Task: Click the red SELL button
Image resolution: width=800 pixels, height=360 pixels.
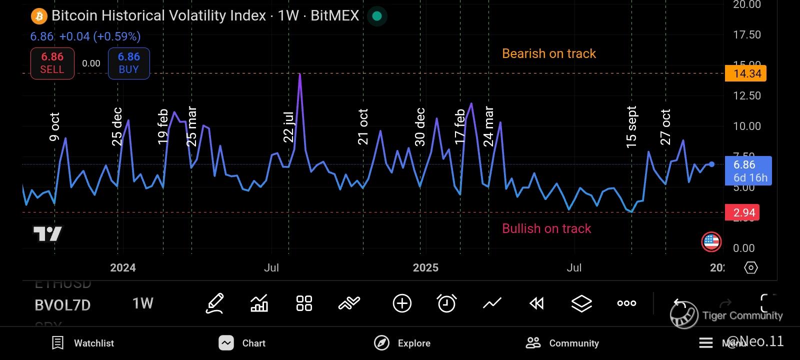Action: coord(52,63)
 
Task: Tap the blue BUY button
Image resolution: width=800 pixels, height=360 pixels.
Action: coord(128,63)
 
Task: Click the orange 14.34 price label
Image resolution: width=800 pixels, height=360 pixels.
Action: coord(747,74)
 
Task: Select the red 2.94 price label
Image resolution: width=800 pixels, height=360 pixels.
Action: coord(744,213)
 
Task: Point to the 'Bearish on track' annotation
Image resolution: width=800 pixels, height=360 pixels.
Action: coord(548,53)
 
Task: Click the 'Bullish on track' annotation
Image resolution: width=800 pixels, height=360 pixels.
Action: coord(546,228)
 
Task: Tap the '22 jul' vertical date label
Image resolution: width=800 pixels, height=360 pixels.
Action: coord(288,127)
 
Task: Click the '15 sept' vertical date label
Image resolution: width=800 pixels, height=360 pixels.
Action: coord(631,127)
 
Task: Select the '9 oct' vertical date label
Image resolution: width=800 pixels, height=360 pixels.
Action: coord(54,127)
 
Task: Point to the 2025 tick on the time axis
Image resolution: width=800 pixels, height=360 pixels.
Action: coord(425,268)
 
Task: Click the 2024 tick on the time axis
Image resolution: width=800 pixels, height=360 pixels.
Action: coord(123,268)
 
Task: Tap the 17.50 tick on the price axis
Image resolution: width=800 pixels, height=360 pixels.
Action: coord(746,34)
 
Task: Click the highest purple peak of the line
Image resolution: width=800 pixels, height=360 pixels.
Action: coord(299,74)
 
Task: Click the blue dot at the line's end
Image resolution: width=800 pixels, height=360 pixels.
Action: coord(711,164)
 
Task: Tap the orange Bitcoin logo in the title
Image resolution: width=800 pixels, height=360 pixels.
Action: coord(38,16)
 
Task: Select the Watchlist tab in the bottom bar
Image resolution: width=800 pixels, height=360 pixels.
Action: coord(83,343)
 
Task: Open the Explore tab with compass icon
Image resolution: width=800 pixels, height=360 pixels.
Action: coord(402,343)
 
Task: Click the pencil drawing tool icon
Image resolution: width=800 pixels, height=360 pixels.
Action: coord(214,303)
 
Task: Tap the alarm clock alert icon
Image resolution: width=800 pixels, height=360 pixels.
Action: coord(446,303)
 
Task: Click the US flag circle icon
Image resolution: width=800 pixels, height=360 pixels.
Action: coord(711,242)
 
